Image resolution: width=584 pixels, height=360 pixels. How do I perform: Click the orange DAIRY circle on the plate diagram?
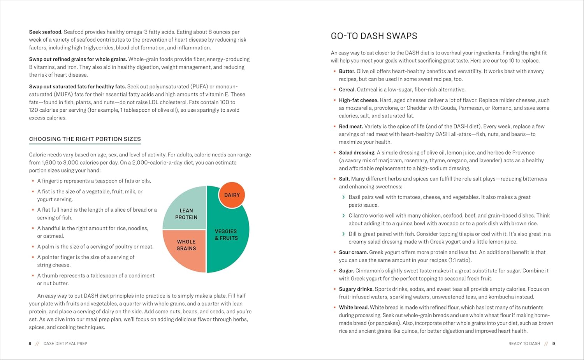pyautogui.click(x=232, y=195)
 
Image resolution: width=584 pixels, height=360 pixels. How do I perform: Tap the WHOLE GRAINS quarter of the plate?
pyautogui.click(x=185, y=249)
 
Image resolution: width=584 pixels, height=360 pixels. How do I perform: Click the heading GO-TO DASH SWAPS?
pyautogui.click(x=374, y=36)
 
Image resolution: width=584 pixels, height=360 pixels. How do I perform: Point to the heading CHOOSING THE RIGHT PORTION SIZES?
pyautogui.click(x=85, y=139)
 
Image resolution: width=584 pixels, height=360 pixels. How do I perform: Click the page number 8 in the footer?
pyautogui.click(x=30, y=344)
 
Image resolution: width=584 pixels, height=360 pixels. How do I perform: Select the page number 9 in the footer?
pyautogui.click(x=554, y=344)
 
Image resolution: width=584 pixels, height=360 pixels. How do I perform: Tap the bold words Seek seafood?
pyautogui.click(x=46, y=32)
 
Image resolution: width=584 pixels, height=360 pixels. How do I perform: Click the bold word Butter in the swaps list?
pyautogui.click(x=347, y=71)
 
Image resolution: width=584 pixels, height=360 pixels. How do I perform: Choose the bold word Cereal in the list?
pyautogui.click(x=347, y=90)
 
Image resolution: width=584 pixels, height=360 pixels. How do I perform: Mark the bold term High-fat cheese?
pyautogui.click(x=358, y=100)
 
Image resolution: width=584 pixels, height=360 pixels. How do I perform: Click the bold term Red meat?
pyautogui.click(x=351, y=126)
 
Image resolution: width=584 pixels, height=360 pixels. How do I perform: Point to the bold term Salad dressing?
pyautogui.click(x=357, y=153)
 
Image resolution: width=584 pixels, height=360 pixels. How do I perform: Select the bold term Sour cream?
pyautogui.click(x=353, y=252)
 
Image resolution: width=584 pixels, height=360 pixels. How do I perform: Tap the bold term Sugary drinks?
pyautogui.click(x=356, y=289)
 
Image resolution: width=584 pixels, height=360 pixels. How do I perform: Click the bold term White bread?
pyautogui.click(x=354, y=307)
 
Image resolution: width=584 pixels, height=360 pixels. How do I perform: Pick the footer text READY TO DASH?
pyautogui.click(x=524, y=344)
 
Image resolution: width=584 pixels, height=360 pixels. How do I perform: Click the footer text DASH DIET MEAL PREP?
pyautogui.click(x=65, y=344)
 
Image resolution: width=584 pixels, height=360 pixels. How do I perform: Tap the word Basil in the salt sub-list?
pyautogui.click(x=355, y=197)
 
